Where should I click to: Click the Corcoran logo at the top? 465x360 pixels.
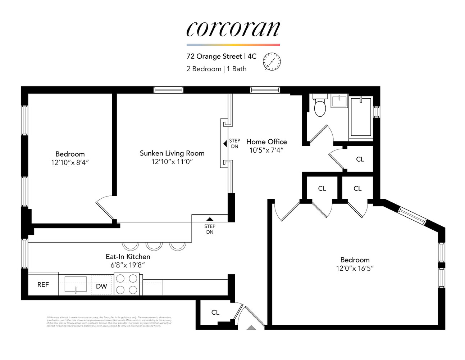click(233, 28)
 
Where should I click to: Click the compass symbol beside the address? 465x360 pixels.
click(272, 61)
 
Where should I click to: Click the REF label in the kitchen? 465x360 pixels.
click(43, 285)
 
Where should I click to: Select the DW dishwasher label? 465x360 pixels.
click(101, 286)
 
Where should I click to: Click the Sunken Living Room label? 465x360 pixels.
click(172, 153)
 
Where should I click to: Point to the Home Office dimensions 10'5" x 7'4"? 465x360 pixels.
click(266, 150)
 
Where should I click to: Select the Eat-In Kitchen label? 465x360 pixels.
click(128, 257)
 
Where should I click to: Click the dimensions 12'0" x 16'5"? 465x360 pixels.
click(355, 269)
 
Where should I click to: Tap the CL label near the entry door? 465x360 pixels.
click(215, 312)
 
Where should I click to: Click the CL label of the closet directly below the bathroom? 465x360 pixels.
click(360, 159)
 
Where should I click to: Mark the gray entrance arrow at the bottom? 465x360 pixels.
click(251, 327)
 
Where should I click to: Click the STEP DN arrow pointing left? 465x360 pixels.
click(225, 144)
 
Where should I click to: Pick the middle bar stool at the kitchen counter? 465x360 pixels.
click(154, 246)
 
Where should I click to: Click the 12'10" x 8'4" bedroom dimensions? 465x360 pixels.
click(70, 163)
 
